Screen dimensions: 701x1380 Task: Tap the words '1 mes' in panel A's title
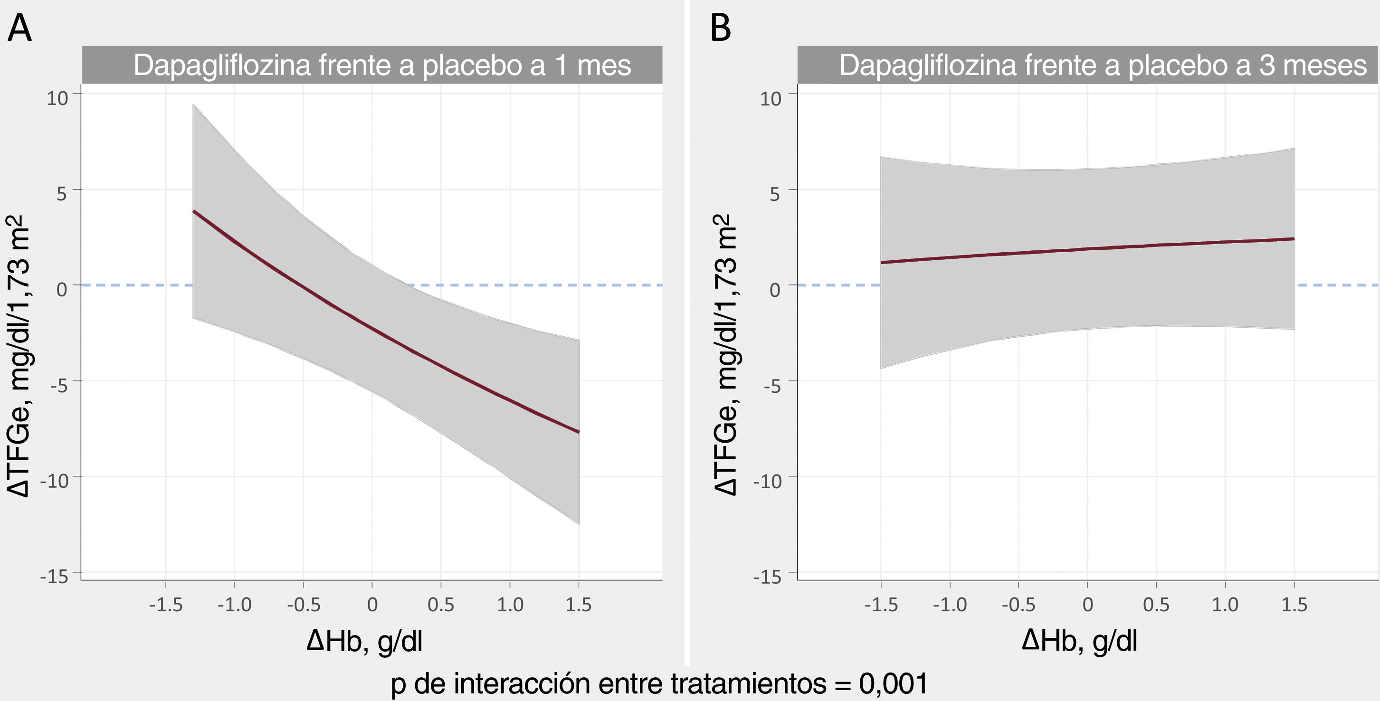(592, 66)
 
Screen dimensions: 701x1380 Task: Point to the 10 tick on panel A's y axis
(58, 98)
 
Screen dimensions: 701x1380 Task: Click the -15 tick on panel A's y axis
(55, 577)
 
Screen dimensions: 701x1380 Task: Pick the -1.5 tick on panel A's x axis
(165, 605)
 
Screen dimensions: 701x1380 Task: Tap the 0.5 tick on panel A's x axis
(440, 605)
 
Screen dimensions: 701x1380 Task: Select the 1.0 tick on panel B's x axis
(1225, 605)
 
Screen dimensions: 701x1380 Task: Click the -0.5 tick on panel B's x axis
(1018, 605)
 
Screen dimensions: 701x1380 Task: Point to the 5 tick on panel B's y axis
(775, 194)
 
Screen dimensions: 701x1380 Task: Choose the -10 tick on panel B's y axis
(768, 481)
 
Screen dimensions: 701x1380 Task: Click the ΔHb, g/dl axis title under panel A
(364, 641)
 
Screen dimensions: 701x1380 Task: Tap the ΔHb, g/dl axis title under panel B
(1079, 641)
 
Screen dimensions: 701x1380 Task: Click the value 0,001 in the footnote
(893, 683)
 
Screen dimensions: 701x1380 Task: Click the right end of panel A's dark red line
(578, 432)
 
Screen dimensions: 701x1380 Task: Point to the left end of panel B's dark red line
(882, 263)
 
